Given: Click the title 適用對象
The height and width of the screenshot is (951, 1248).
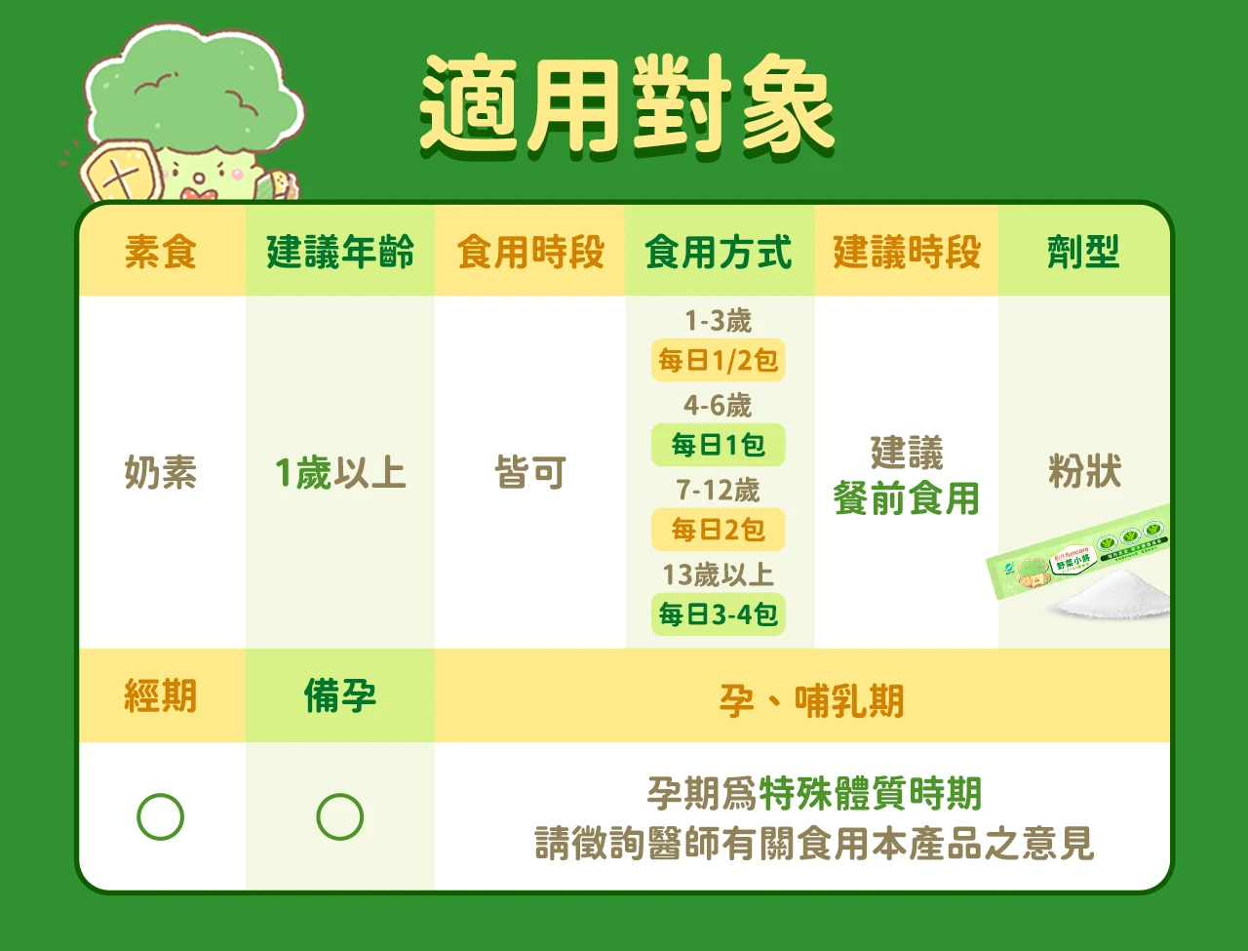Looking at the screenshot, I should pyautogui.click(x=627, y=105).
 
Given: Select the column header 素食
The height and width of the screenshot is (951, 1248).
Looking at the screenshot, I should pyautogui.click(x=161, y=253).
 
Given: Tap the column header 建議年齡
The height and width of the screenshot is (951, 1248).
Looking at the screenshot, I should pyautogui.click(x=340, y=253).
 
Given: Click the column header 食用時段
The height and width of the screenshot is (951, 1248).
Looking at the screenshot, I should pyautogui.click(x=530, y=253).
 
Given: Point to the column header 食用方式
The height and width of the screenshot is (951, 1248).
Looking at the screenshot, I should pyautogui.click(x=718, y=253).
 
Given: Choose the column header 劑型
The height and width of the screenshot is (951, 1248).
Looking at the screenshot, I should pyautogui.click(x=1083, y=253).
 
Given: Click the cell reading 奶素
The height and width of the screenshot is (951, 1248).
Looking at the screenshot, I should pyautogui.click(x=161, y=473).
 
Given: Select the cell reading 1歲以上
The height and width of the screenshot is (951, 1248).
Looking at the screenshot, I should pyautogui.click(x=340, y=473).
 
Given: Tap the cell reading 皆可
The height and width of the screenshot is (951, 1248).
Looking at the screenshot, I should pyautogui.click(x=530, y=473).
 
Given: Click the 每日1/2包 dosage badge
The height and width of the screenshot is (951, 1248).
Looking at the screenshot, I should pyautogui.click(x=718, y=361).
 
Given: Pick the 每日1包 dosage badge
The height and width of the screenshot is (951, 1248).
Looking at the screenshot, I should pyautogui.click(x=718, y=446).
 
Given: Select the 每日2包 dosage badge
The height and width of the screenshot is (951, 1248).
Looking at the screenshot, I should pyautogui.click(x=718, y=531).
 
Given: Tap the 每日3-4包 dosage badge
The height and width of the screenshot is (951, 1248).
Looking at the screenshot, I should pyautogui.click(x=718, y=615).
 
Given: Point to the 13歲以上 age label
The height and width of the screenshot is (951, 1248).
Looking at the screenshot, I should pyautogui.click(x=718, y=575).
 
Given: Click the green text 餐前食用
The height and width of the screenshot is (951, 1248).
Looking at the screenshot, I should pyautogui.click(x=906, y=499).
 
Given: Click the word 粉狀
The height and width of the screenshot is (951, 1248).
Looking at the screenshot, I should pyautogui.click(x=1084, y=472).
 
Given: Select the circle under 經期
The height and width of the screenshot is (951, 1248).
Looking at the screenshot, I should pyautogui.click(x=161, y=817).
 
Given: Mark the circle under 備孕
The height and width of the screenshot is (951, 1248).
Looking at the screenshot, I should pyautogui.click(x=340, y=817).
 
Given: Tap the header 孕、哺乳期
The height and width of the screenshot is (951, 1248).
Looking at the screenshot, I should pyautogui.click(x=811, y=700).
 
